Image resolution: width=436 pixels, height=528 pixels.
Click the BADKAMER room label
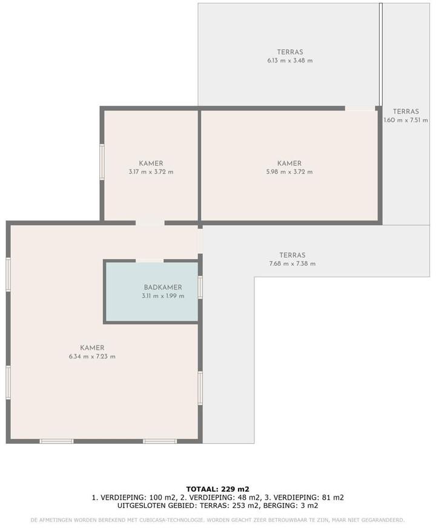point(163,287)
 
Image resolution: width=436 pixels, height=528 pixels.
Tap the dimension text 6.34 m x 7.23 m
point(92,357)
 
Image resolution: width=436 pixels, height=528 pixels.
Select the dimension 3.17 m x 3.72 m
point(151,172)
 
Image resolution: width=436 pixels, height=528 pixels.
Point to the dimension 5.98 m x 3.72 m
point(289,172)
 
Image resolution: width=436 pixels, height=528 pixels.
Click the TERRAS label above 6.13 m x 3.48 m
point(290,52)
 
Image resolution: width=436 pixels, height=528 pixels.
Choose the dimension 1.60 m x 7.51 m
point(406,120)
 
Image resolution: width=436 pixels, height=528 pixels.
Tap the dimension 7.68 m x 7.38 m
point(292,263)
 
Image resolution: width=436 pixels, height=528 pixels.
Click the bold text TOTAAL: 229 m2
point(218,489)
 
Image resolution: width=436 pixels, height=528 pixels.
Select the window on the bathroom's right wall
point(200,287)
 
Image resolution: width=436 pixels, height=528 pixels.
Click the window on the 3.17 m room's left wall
point(102,162)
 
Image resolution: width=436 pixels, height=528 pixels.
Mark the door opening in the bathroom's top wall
point(150,260)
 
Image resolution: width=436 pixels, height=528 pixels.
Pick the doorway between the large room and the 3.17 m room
point(150,223)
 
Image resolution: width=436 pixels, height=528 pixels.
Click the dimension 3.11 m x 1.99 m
point(163,296)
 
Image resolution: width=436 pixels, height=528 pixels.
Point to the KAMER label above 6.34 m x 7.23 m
point(92,348)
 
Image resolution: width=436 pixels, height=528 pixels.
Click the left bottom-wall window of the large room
point(56,441)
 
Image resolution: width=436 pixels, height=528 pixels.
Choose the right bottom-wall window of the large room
point(160,441)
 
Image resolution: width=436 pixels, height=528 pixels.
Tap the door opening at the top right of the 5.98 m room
point(360,108)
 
